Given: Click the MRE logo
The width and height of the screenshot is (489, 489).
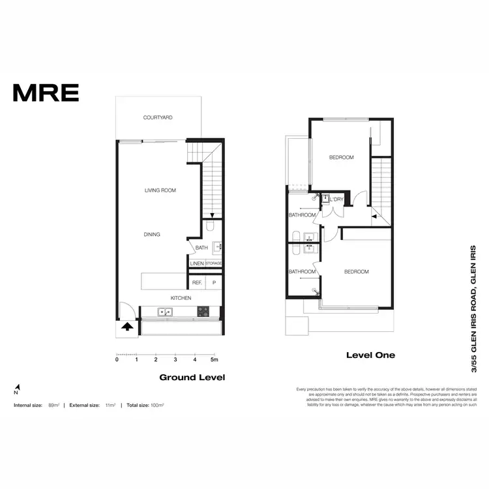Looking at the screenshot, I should (46, 93).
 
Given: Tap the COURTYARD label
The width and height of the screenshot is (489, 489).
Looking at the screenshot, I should (158, 118).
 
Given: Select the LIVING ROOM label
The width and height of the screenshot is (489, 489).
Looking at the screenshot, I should (160, 190).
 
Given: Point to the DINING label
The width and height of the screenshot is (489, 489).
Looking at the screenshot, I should (152, 235).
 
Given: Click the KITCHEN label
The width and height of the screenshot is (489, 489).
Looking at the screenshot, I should (181, 298).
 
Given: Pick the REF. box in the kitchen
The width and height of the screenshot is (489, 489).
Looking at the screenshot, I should (196, 283).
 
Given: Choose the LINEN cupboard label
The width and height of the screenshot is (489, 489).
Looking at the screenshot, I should (196, 263).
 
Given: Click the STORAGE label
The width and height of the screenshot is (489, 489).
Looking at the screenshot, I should (214, 263).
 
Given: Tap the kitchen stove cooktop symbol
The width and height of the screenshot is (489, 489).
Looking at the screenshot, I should (203, 312).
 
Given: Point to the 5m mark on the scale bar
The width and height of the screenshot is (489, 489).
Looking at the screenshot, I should (214, 359).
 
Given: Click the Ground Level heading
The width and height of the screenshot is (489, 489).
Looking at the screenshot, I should (192, 377).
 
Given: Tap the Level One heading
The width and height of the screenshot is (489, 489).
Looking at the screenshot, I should (370, 355).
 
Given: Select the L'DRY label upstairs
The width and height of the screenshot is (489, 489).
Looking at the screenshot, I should (336, 200).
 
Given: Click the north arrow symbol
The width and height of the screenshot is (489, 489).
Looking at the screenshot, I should (16, 390).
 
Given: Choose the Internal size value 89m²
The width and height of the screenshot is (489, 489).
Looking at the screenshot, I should (54, 406).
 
